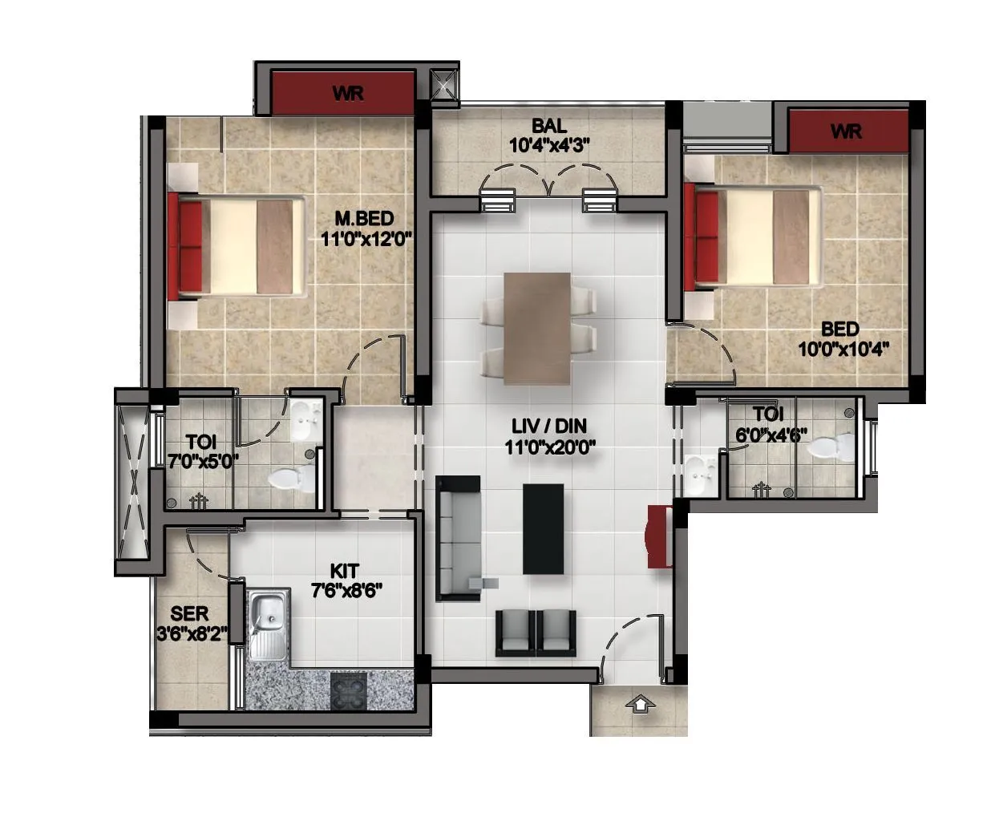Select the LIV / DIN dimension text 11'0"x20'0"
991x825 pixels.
[550, 448]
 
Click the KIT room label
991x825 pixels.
[345, 571]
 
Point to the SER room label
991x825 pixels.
[190, 614]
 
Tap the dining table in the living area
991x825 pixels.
[537, 328]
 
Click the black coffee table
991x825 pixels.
[543, 528]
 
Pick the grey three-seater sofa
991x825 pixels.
[458, 538]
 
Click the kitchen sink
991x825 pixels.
[268, 622]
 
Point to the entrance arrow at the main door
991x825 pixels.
[640, 705]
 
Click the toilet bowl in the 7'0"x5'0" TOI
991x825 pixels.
[289, 479]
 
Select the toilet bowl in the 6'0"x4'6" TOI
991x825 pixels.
[828, 446]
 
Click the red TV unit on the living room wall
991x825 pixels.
[659, 536]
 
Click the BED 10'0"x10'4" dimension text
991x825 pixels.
[843, 350]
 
